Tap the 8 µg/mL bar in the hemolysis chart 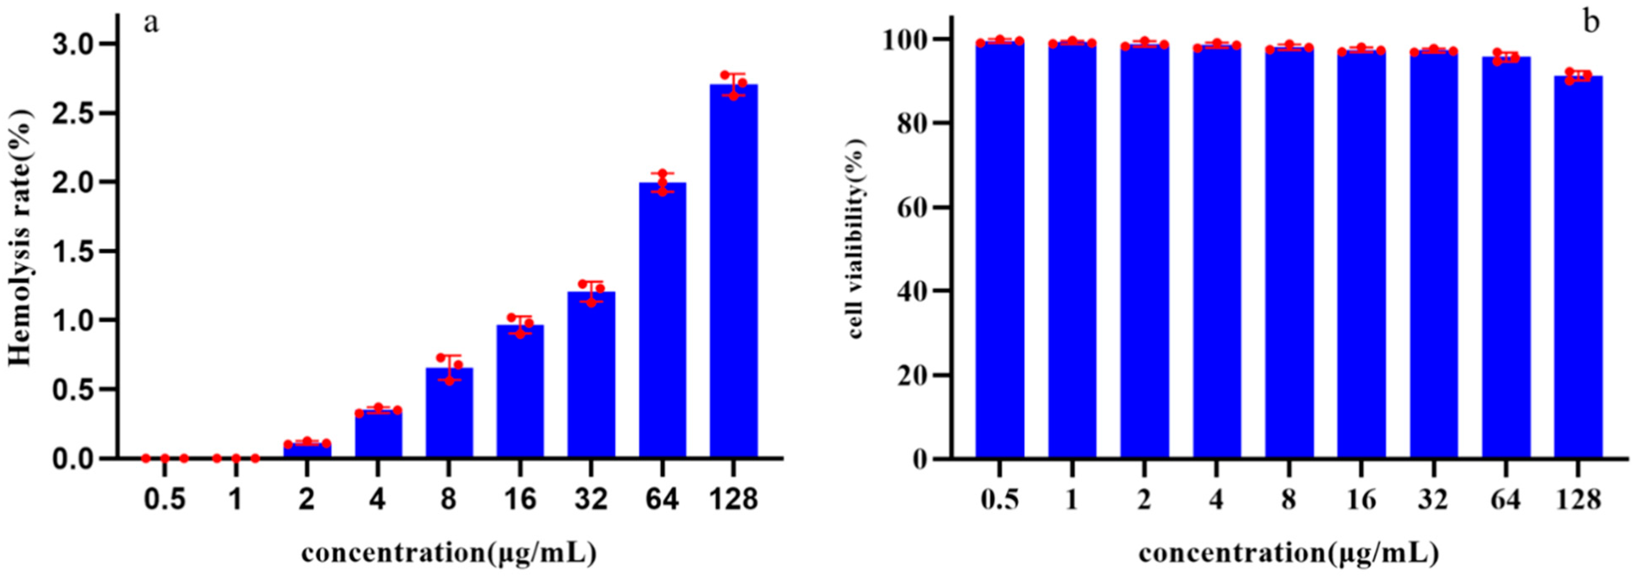click(x=449, y=413)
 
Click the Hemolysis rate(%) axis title click(x=21, y=238)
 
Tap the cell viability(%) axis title click(x=856, y=238)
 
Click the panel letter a click(x=151, y=23)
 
